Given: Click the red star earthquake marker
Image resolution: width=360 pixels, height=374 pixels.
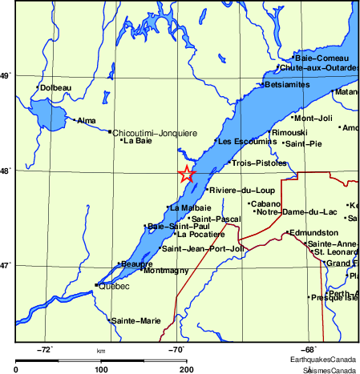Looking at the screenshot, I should [186, 174].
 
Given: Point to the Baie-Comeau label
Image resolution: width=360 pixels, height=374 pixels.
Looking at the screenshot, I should [322, 58].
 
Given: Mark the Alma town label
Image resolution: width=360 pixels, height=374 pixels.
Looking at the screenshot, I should [86, 121].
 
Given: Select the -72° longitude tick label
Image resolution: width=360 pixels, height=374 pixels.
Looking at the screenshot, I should [45, 349].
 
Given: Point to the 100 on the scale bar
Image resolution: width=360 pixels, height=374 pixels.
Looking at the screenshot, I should [101, 369].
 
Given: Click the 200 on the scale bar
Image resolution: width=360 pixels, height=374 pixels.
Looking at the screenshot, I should [186, 369].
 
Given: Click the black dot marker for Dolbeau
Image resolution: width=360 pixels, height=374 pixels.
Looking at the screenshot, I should [38, 87].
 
